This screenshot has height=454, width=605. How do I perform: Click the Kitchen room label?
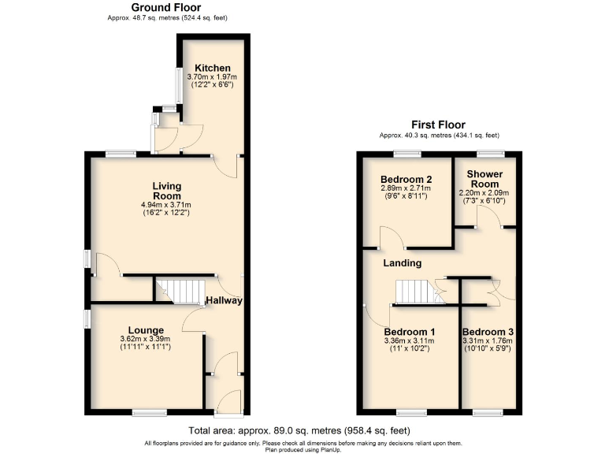(x=212, y=68)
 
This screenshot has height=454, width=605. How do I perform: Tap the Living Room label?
(x=167, y=191)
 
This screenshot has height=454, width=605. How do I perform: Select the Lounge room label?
(x=147, y=330)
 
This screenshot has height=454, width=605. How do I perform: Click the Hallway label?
(x=224, y=300)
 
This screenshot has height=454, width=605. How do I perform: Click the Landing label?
(x=403, y=262)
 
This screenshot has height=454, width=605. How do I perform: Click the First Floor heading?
(x=438, y=125)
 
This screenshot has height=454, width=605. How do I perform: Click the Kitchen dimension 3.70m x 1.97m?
(x=212, y=77)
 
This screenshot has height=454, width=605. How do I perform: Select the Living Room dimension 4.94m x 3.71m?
(x=167, y=206)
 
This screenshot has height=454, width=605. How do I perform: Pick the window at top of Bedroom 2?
(x=407, y=152)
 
